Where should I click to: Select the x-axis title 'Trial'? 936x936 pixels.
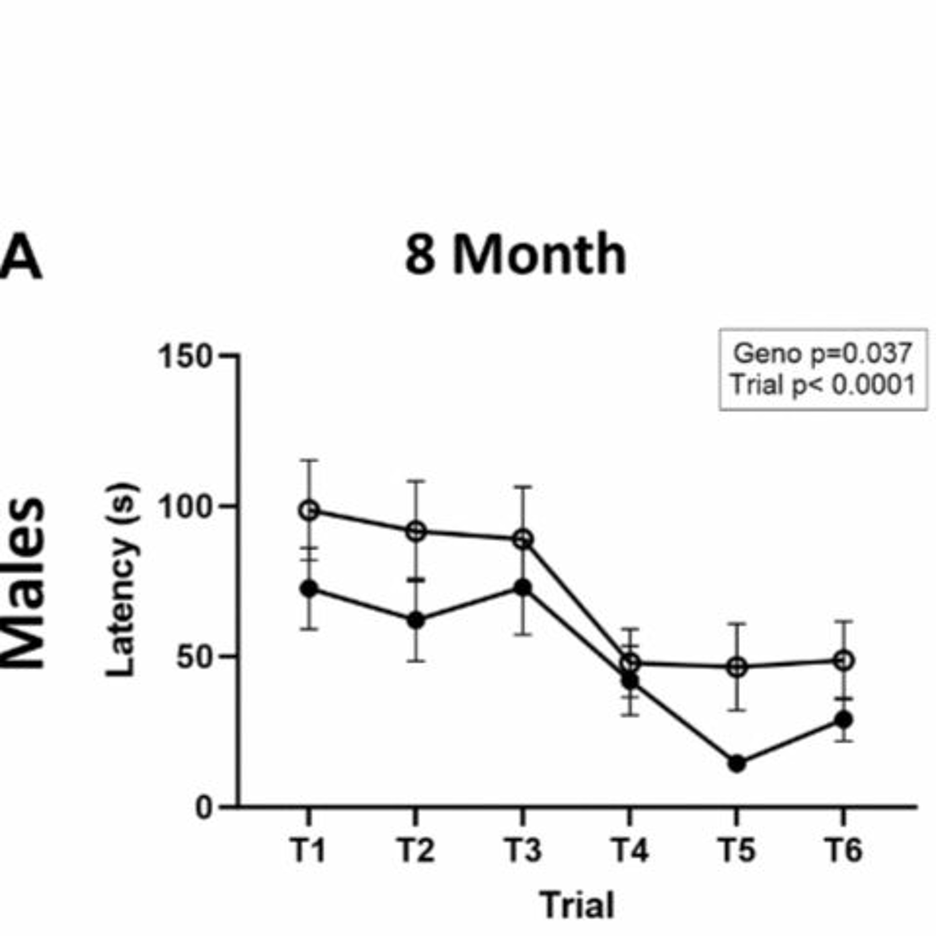(x=577, y=904)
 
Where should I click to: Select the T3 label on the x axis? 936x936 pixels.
(x=522, y=850)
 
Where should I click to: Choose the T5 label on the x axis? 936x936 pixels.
(x=736, y=850)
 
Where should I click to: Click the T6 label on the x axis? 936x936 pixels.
(x=843, y=850)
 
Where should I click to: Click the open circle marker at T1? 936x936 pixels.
(x=309, y=510)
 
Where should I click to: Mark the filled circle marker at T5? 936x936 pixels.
(x=736, y=764)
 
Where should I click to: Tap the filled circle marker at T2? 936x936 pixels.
(x=416, y=621)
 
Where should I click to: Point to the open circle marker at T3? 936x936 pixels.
(x=523, y=539)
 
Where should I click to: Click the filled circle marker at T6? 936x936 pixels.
(x=843, y=719)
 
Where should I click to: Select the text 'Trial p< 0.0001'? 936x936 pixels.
(x=823, y=385)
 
